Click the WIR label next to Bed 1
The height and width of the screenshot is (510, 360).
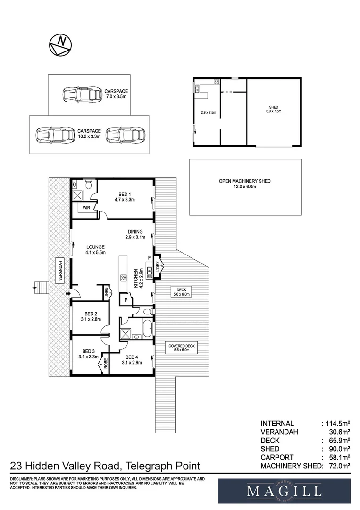86,208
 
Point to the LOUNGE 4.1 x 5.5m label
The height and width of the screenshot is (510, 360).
95,250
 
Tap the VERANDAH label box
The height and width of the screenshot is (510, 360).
60,270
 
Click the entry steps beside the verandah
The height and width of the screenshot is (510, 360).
42,286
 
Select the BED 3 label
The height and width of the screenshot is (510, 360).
89,354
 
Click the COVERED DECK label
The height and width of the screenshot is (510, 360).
182,348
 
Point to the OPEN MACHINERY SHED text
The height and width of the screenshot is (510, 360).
244,184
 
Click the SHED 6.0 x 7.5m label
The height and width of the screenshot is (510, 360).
274,110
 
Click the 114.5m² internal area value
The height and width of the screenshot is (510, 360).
336,424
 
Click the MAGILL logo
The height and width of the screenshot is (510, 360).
284,491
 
